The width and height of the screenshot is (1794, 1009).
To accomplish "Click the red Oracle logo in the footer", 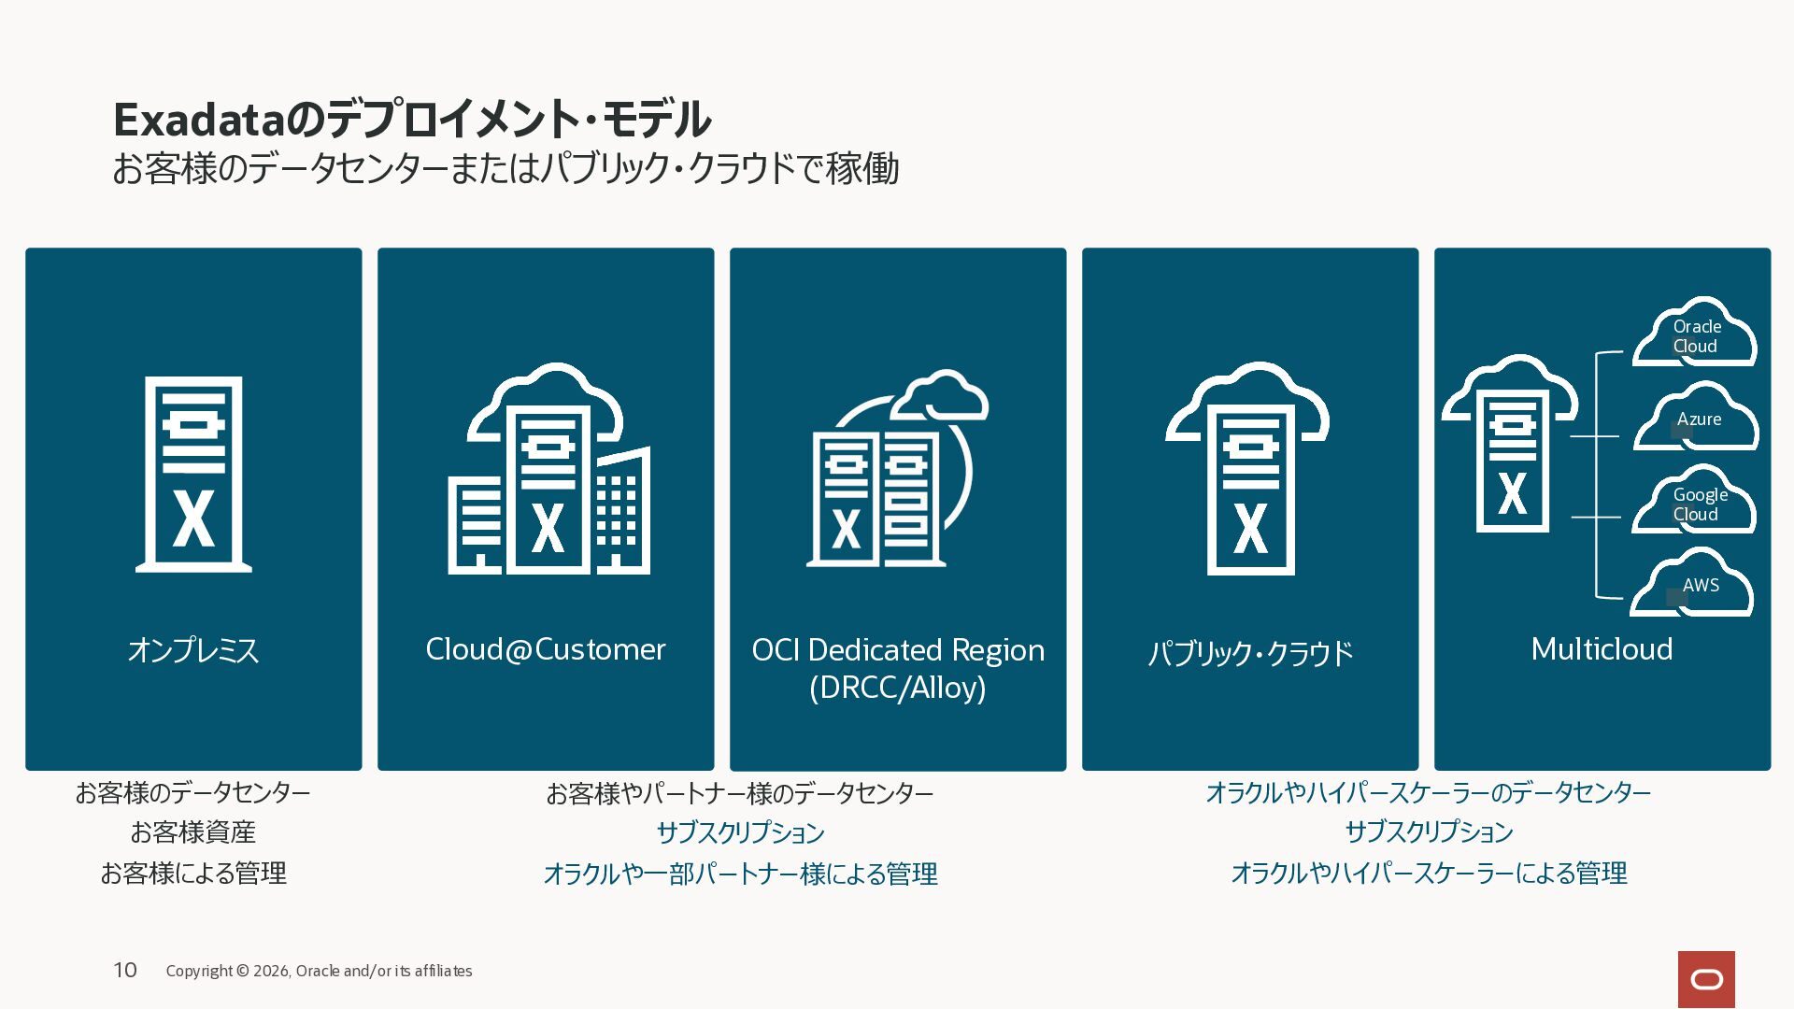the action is [x=1706, y=979].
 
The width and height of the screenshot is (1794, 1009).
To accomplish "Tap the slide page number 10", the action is [x=125, y=971].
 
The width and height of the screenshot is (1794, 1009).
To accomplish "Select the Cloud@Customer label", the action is [x=546, y=649].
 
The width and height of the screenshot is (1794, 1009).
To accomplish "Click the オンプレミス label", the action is [x=193, y=650].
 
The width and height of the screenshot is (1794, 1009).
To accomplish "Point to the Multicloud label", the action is [x=1602, y=649].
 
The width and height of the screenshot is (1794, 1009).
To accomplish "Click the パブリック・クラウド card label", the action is [x=1250, y=652].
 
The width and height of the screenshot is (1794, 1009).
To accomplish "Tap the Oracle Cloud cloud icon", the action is [x=1694, y=333].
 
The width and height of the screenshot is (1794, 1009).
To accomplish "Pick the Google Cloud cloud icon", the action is [x=1694, y=501].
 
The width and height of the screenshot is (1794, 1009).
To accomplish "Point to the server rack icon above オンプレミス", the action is [x=193, y=474].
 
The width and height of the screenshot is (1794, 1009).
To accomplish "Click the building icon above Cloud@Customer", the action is [x=549, y=469].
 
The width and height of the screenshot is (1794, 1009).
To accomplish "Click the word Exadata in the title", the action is [x=198, y=120].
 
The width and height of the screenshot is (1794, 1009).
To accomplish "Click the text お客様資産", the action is [x=192, y=831].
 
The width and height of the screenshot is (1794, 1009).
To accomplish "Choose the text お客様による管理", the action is [x=193, y=873].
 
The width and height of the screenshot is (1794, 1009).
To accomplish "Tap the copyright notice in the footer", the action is [x=319, y=971].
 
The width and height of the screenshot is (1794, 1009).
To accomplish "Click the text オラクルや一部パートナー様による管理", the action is [x=740, y=874].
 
